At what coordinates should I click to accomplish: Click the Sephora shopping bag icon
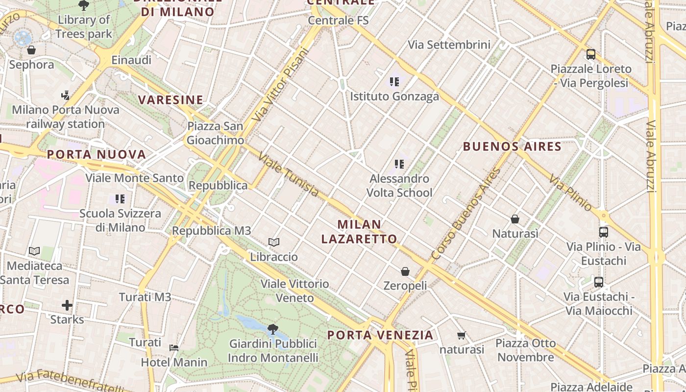click(31, 50)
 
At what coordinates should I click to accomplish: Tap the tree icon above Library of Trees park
click(84, 5)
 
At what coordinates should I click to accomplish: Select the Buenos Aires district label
click(512, 146)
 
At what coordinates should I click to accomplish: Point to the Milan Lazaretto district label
click(359, 232)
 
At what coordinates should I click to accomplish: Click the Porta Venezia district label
click(380, 335)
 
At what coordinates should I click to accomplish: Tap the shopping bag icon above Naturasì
click(515, 219)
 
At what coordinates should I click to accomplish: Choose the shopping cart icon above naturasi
click(461, 336)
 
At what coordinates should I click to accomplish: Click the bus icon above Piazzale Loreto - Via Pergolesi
click(591, 54)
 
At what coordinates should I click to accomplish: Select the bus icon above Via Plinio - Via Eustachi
click(604, 232)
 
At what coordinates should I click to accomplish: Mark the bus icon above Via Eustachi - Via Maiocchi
click(599, 282)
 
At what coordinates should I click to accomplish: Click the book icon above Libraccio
click(274, 242)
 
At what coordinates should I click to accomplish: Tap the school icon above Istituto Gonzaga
click(394, 81)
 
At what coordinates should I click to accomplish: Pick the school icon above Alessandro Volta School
click(399, 164)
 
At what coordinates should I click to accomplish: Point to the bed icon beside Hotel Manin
click(174, 348)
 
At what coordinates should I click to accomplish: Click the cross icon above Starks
click(67, 306)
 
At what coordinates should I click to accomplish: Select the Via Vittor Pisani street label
click(281, 84)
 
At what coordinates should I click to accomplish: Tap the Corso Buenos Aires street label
click(466, 214)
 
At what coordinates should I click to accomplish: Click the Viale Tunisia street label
click(288, 175)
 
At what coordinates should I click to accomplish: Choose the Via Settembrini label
click(449, 45)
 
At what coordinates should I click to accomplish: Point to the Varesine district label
click(171, 100)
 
